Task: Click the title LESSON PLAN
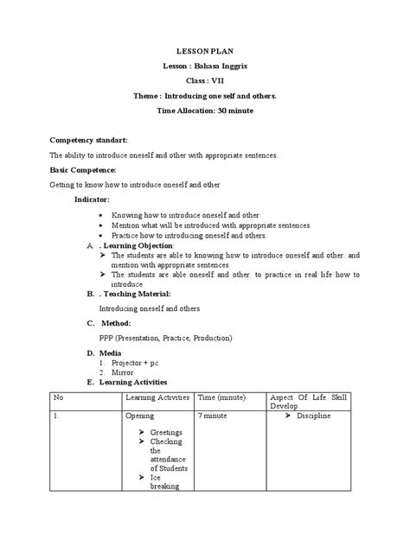(x=204, y=51)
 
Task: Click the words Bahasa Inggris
(x=221, y=67)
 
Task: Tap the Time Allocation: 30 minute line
(x=204, y=111)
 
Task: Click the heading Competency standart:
(x=88, y=139)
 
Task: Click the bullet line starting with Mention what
(x=211, y=225)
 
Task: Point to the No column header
(x=59, y=396)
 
